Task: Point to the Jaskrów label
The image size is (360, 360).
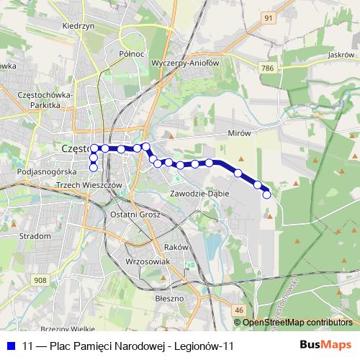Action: coord(339,54)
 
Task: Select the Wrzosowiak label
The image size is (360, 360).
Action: coord(147,261)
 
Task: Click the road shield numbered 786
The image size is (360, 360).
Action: coord(268,67)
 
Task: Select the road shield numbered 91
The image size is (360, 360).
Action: coord(268,18)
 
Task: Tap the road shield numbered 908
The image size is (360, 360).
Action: coord(40,281)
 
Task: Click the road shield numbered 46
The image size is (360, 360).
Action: coord(238,310)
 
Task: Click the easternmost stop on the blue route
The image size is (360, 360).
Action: coord(267,194)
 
